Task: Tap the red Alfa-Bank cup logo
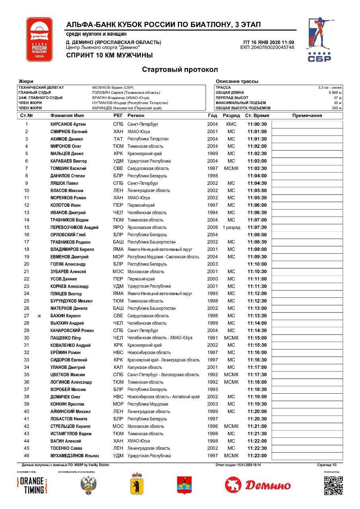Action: (39, 39)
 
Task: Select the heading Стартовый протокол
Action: (180, 70)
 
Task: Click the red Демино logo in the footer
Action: (258, 485)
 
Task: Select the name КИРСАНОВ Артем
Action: (68, 124)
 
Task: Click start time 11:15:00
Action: (257, 338)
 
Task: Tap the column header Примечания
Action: (307, 116)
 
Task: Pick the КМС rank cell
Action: (231, 124)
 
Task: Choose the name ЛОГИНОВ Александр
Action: (71, 382)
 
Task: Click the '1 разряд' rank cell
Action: (231, 227)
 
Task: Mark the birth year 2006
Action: (212, 227)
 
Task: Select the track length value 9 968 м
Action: (335, 92)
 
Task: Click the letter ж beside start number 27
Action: (39, 316)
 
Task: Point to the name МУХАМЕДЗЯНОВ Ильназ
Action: (75, 456)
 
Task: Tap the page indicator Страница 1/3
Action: (327, 465)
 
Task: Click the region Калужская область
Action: (145, 367)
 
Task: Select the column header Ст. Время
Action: (257, 116)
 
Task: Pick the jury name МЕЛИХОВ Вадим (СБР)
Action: (113, 87)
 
